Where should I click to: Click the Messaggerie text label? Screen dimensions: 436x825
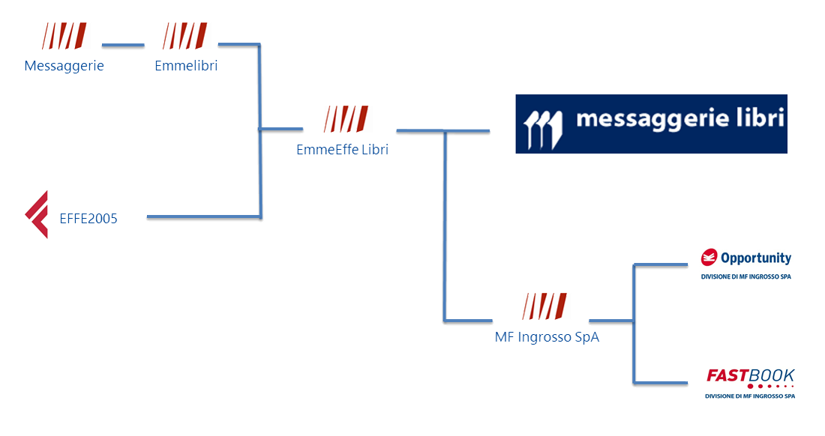(x=64, y=66)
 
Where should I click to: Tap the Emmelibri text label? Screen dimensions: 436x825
(x=186, y=66)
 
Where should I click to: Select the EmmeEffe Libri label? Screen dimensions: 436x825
(x=342, y=150)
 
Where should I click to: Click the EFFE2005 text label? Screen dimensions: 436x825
(x=88, y=219)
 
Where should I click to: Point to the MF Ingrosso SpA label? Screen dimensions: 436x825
(x=547, y=337)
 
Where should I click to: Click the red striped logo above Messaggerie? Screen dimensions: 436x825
(x=64, y=35)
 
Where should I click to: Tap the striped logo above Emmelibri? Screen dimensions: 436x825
(x=184, y=35)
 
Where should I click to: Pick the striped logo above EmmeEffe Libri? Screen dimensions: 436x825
(x=346, y=118)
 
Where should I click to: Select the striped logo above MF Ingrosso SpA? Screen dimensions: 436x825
(x=544, y=306)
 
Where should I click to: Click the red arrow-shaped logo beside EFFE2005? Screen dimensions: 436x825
(x=37, y=214)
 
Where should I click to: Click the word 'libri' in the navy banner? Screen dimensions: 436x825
(x=758, y=120)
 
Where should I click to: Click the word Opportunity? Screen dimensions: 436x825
(x=756, y=258)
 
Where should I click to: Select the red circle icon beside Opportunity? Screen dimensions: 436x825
(x=709, y=258)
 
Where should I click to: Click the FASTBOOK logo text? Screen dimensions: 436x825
(x=751, y=376)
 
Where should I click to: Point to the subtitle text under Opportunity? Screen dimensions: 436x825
(x=745, y=276)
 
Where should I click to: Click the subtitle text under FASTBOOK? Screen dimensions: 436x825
(x=750, y=396)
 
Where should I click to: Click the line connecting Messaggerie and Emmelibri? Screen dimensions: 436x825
(x=123, y=45)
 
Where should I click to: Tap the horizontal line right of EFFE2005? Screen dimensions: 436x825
(x=203, y=217)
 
